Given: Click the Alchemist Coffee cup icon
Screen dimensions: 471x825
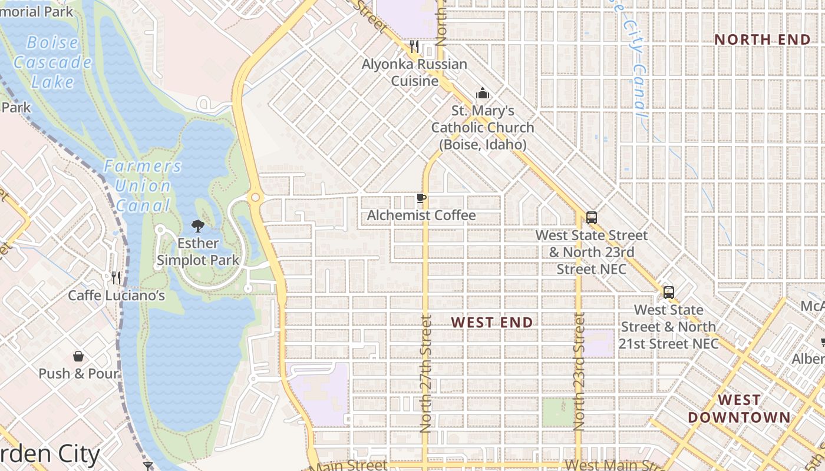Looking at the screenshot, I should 421,198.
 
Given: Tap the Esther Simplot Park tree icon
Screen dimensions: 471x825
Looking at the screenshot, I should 198,225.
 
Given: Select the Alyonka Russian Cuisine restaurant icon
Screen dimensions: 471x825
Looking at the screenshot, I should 414,46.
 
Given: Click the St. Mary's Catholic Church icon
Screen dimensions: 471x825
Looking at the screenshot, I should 483,93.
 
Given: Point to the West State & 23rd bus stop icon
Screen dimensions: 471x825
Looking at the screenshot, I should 592,217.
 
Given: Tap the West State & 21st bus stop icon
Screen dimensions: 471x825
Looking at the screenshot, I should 668,292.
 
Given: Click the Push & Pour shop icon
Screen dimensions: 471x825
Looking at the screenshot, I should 78,356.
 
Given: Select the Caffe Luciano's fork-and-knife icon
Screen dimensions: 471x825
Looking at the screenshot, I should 116,277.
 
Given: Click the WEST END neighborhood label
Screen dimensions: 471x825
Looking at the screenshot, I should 492,322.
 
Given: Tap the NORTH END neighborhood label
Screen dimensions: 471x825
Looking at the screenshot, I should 763,39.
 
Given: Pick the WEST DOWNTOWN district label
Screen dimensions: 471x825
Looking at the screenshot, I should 739,409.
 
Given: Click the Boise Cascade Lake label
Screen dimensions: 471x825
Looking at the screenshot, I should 52,62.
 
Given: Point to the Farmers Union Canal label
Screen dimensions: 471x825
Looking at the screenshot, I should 143,185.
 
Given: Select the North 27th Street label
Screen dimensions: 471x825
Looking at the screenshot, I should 426,374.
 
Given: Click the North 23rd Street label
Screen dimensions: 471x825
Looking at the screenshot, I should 579,372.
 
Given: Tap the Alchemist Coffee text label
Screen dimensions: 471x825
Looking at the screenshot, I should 421,215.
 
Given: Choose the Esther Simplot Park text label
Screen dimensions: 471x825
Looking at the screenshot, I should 198,251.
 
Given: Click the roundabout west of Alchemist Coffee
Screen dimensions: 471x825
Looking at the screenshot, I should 255,198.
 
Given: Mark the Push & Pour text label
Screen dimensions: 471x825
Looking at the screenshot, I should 78,374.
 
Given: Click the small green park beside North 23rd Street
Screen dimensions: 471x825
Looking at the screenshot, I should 557,412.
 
